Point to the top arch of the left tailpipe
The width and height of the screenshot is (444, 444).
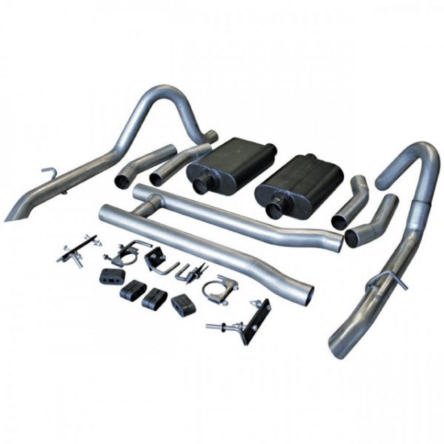(x=171, y=91)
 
